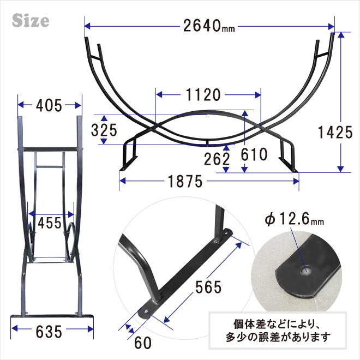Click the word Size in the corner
tap(31, 21)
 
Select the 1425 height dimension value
tap(335, 133)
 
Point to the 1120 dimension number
tap(203, 95)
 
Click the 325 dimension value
tap(104, 130)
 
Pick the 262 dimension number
tap(217, 159)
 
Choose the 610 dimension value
tap(254, 154)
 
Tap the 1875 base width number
tap(185, 182)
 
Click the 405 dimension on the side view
tap(49, 106)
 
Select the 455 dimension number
tap(50, 223)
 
